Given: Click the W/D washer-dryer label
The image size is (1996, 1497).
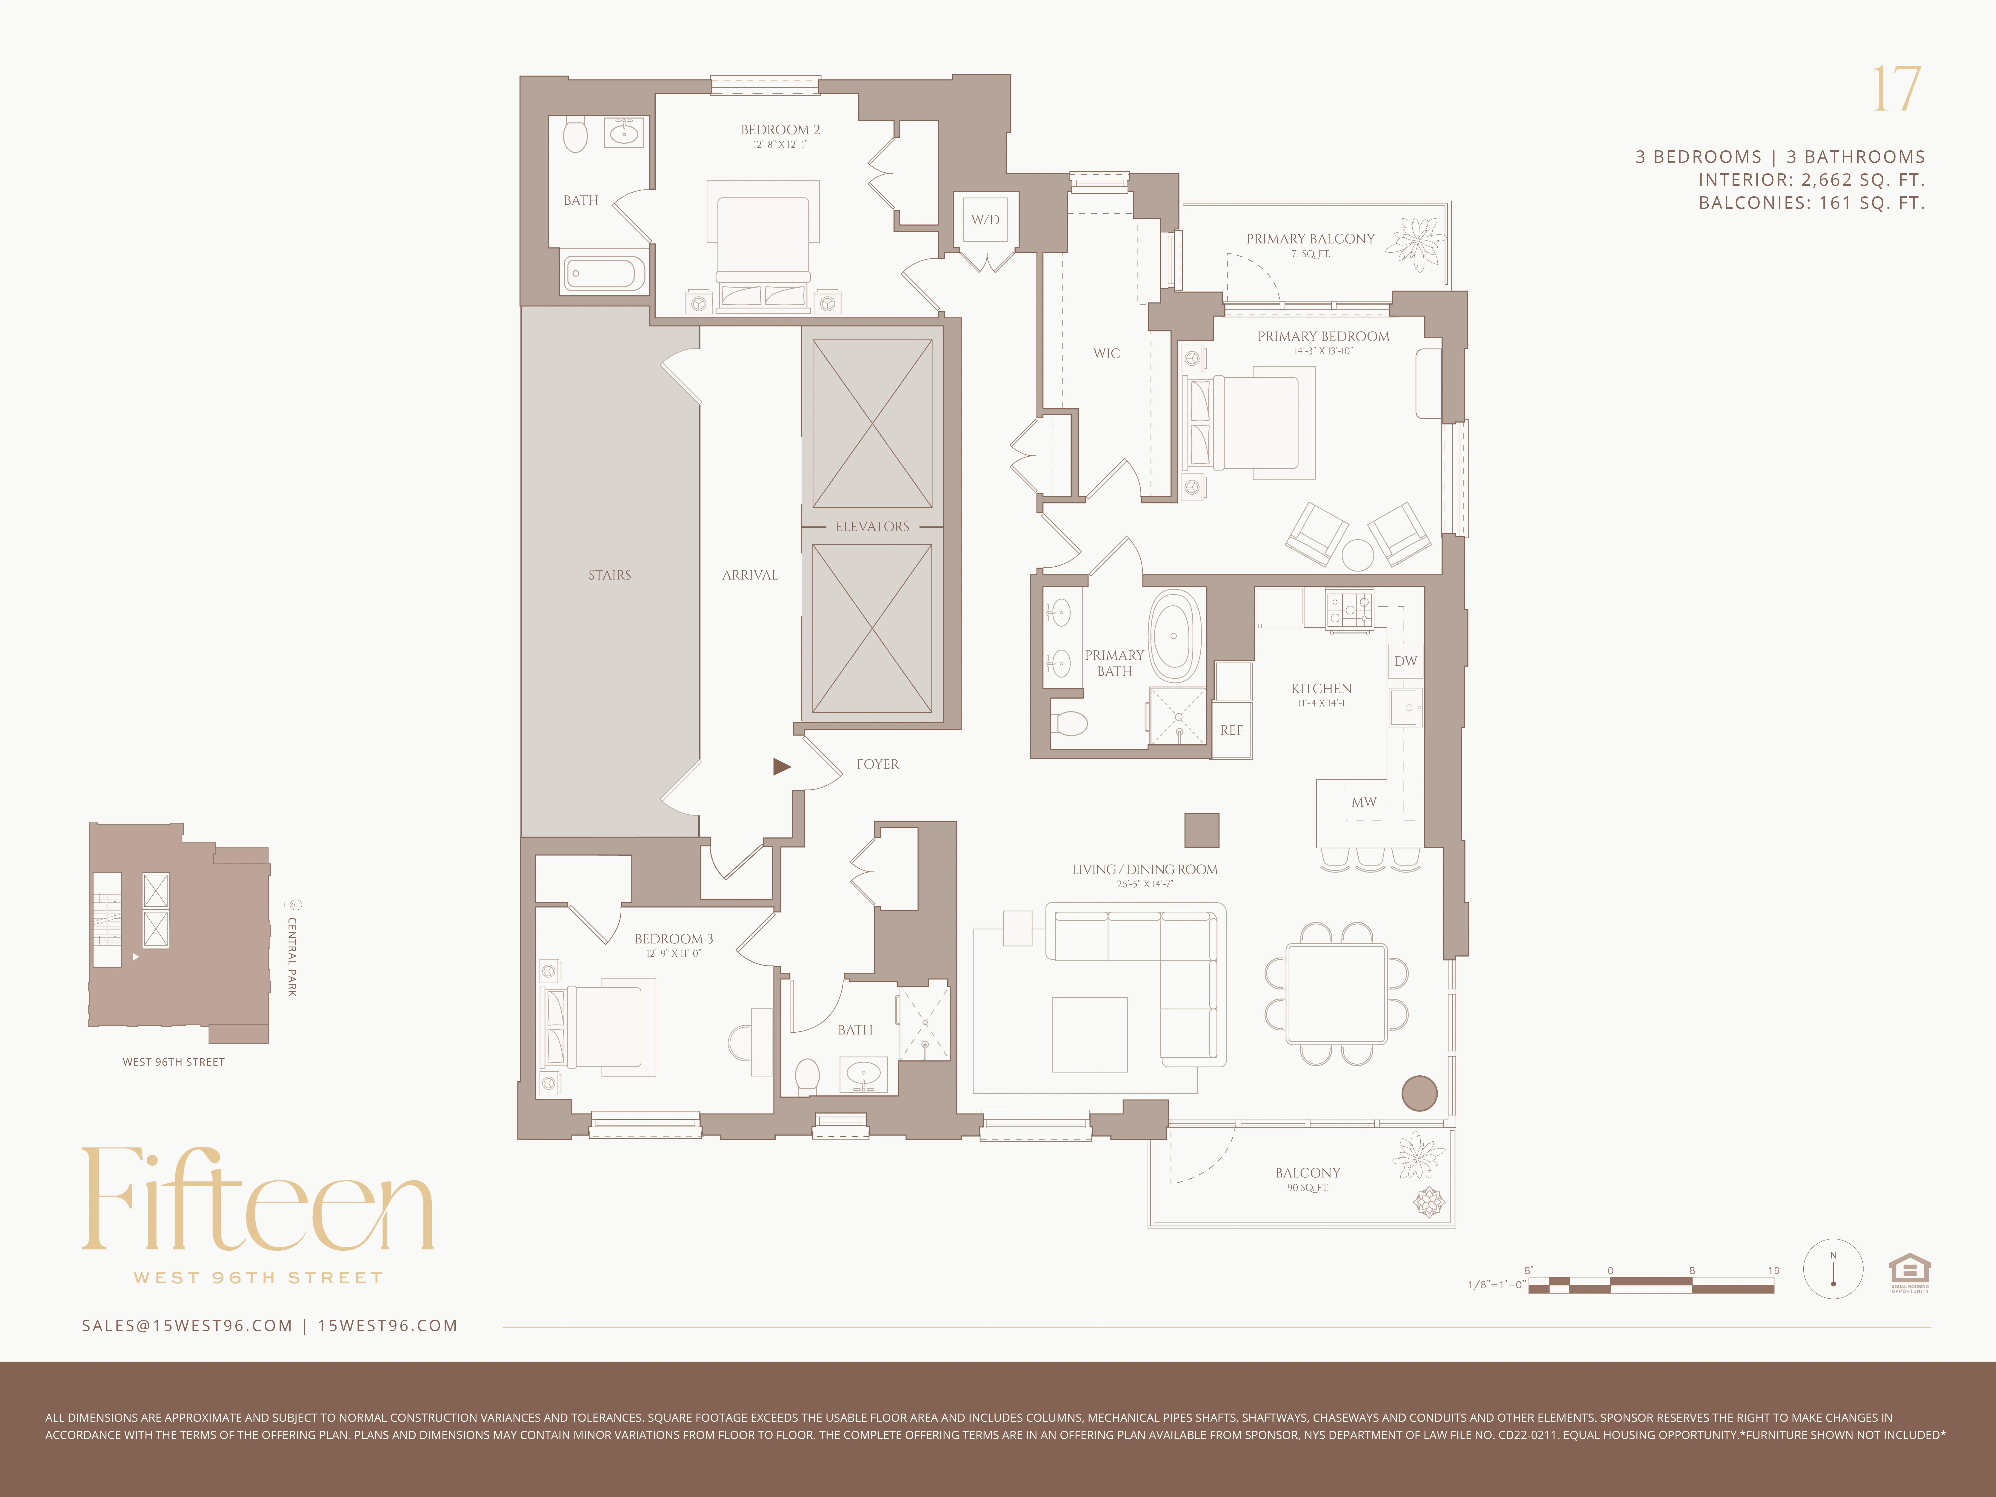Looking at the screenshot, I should coord(985,219).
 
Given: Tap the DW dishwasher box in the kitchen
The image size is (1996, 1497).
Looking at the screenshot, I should coord(1405,660).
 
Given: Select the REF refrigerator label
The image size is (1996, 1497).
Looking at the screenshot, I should coord(1232,730).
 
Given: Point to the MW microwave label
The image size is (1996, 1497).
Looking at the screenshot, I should coord(1363,801).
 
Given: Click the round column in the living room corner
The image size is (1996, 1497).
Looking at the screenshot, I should coord(1419,1093).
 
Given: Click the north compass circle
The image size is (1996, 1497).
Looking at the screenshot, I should coord(1833,1269).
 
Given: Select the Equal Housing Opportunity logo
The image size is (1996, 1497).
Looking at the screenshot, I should coord(1909,1272).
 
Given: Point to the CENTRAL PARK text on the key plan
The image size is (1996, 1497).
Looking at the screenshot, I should coord(291,957).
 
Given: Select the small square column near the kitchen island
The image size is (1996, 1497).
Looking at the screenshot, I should coord(1201,830).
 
